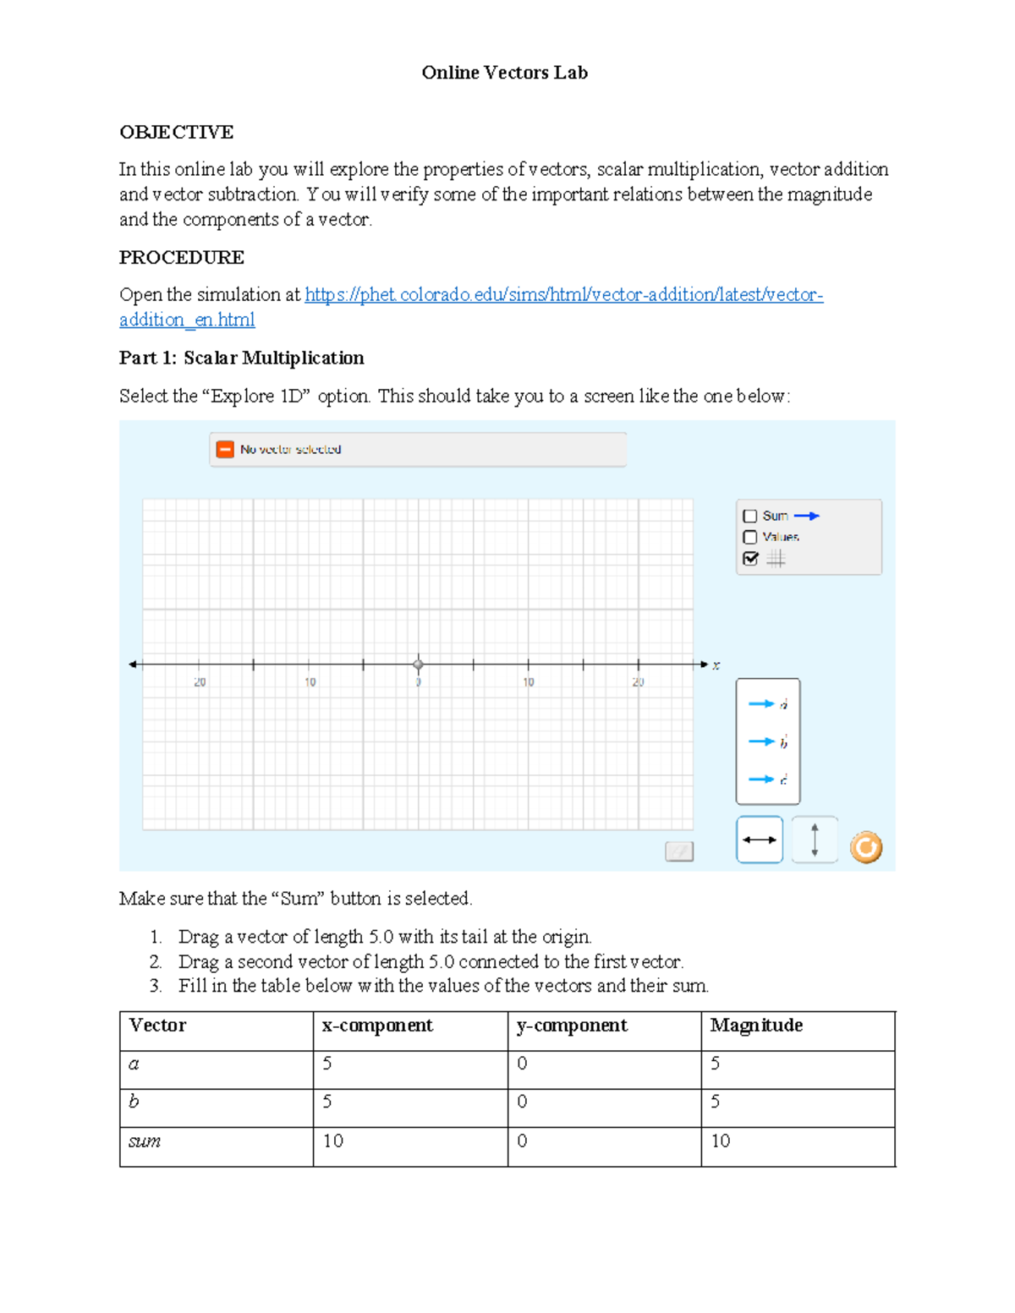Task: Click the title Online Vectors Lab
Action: (504, 73)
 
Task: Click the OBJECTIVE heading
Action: (176, 132)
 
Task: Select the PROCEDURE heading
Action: (182, 257)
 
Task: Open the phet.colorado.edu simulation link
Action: (563, 295)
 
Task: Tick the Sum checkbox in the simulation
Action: (749, 516)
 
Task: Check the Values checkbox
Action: (749, 537)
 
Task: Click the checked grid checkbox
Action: (750, 558)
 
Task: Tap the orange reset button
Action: (865, 846)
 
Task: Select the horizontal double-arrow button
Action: (760, 840)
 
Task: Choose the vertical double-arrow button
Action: (815, 840)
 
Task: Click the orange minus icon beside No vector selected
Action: (225, 449)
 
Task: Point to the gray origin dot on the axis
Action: (418, 665)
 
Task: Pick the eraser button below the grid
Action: (679, 851)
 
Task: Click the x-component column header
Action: (377, 1026)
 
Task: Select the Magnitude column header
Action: (756, 1026)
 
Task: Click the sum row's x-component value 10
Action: (333, 1141)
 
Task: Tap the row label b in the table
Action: (134, 1102)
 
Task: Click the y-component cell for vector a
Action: (522, 1064)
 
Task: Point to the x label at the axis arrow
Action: (716, 665)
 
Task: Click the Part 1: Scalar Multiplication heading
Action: (242, 358)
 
